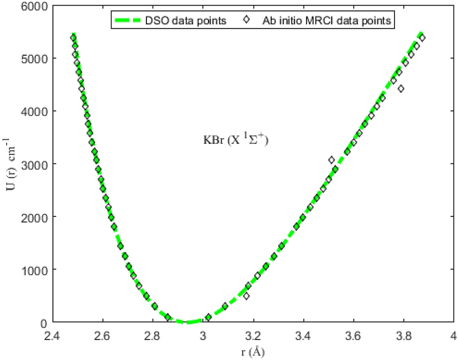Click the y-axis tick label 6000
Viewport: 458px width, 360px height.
click(x=36, y=6)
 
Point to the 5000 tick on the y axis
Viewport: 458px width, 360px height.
click(x=36, y=59)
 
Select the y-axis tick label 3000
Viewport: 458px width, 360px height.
click(x=36, y=164)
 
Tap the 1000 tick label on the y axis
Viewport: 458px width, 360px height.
click(x=36, y=270)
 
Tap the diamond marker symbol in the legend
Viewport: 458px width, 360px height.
click(x=243, y=21)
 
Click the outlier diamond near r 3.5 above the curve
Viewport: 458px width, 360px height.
click(x=332, y=160)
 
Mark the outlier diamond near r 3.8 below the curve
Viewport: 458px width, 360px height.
click(x=401, y=89)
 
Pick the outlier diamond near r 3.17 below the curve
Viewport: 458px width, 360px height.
click(x=246, y=296)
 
